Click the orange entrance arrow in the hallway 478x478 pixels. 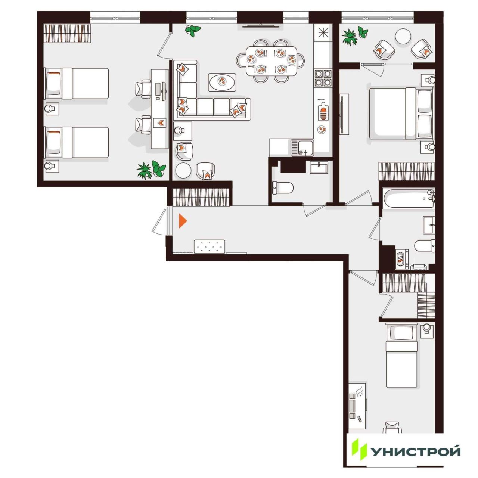(x=183, y=221)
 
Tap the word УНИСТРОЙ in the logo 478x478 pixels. (x=416, y=451)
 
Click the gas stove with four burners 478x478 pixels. (x=323, y=78)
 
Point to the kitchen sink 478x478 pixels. (x=302, y=148)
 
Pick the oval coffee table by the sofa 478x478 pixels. (x=222, y=82)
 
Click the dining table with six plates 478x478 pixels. (x=271, y=61)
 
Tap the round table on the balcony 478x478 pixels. (x=403, y=36)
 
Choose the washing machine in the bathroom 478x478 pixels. (x=402, y=259)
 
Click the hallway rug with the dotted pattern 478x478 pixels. (x=209, y=246)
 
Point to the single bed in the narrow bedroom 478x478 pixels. (x=401, y=356)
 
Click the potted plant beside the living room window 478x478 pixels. (x=193, y=30)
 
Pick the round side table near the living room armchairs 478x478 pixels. (x=183, y=170)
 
